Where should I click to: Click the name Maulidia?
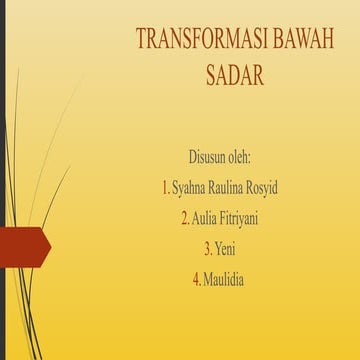pyautogui.click(x=224, y=278)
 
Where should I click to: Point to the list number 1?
pyautogui.click(x=164, y=188)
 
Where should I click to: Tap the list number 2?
pyautogui.click(x=184, y=218)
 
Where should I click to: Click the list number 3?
pyautogui.click(x=206, y=248)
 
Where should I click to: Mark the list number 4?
pyautogui.click(x=195, y=278)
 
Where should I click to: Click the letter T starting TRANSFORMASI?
pyautogui.click(x=141, y=40)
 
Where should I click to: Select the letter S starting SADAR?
pyautogui.click(x=210, y=75)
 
